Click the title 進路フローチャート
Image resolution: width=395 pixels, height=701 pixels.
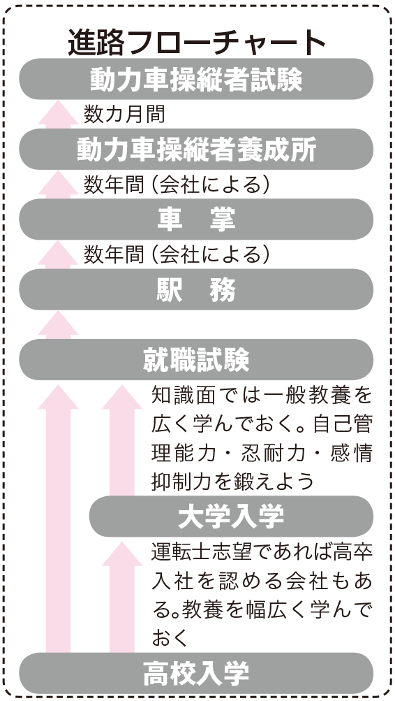coord(197,43)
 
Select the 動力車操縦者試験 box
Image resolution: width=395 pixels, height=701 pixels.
coord(196,79)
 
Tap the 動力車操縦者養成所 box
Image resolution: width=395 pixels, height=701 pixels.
coord(196,150)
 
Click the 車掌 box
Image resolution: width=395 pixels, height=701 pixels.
coord(196,219)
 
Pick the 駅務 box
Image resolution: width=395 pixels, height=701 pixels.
coord(196,290)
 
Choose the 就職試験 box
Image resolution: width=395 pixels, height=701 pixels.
coord(196,360)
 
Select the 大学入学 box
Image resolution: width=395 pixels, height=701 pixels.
coord(231,516)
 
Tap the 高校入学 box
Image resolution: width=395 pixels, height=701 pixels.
coord(196,673)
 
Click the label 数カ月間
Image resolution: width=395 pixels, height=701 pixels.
coord(124,114)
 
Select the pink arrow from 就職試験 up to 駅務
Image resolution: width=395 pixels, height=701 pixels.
coord(58,325)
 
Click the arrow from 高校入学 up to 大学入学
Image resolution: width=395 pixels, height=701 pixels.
coord(122,597)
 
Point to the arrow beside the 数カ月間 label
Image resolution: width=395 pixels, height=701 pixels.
coord(58,115)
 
